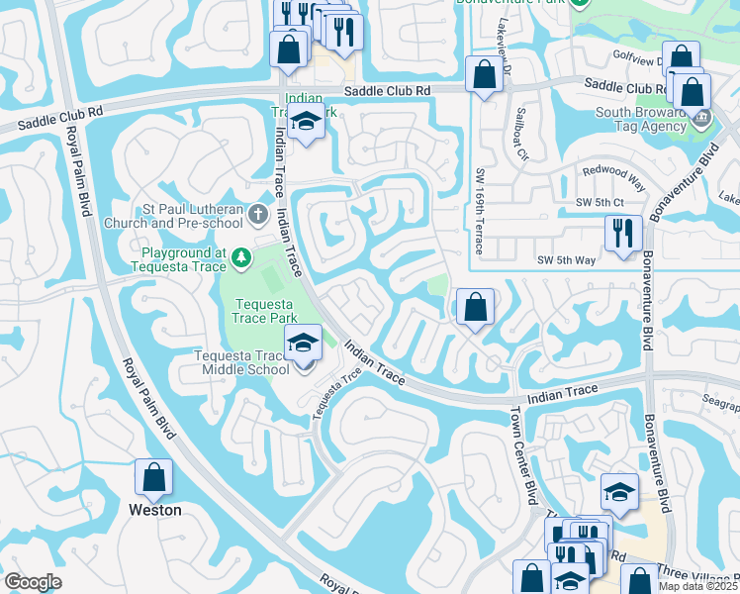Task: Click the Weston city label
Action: click(155, 510)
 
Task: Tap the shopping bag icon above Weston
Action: click(154, 478)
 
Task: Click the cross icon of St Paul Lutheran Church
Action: click(258, 214)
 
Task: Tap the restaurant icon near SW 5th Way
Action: click(623, 235)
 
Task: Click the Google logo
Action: click(33, 582)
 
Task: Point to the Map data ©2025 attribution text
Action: click(698, 586)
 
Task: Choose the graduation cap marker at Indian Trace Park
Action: click(307, 123)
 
